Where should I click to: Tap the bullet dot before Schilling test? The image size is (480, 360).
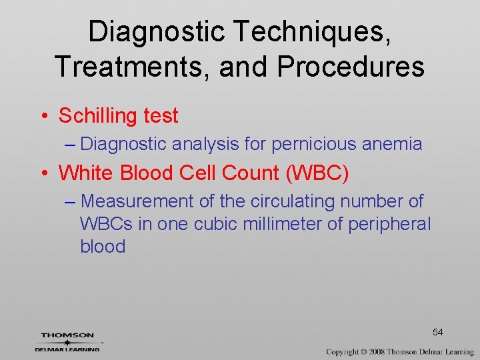point(43,116)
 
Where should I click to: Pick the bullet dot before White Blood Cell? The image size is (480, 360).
point(43,173)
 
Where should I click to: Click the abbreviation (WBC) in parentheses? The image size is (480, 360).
point(317,173)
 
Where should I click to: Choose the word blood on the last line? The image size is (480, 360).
point(103,247)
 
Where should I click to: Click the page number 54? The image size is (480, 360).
point(437,332)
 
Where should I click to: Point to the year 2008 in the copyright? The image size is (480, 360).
point(377,351)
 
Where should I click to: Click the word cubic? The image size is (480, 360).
point(215,224)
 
